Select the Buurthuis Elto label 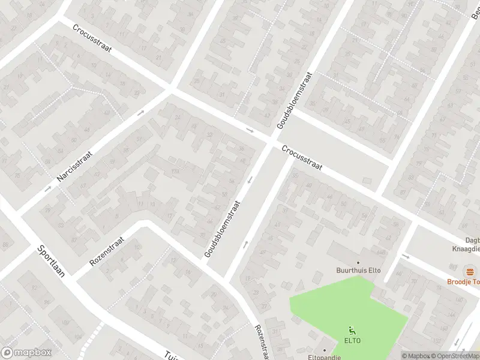[359, 271]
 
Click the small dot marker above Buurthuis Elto [359, 263]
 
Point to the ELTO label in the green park [352, 340]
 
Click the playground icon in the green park [352, 329]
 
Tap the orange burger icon [469, 271]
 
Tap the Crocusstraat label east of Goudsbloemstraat [303, 159]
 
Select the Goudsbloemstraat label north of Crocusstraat [295, 100]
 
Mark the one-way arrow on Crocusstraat [250, 130]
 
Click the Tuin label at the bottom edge [170, 356]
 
